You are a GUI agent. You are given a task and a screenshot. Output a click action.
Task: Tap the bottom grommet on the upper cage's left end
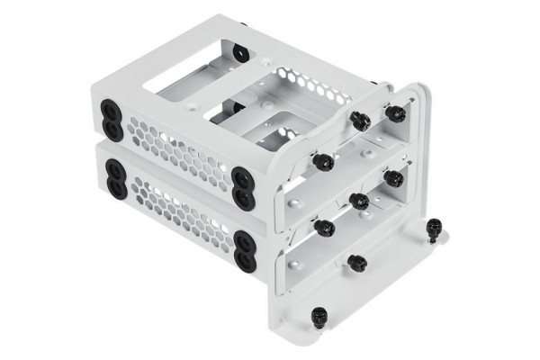point(115,130)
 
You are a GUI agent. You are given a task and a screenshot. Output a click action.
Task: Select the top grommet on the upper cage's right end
point(242,175)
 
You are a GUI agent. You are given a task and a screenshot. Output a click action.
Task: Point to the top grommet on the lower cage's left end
point(114,168)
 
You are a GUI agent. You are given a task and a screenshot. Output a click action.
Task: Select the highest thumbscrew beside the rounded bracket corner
point(396,112)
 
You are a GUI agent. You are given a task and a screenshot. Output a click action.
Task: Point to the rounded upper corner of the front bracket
point(416,90)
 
